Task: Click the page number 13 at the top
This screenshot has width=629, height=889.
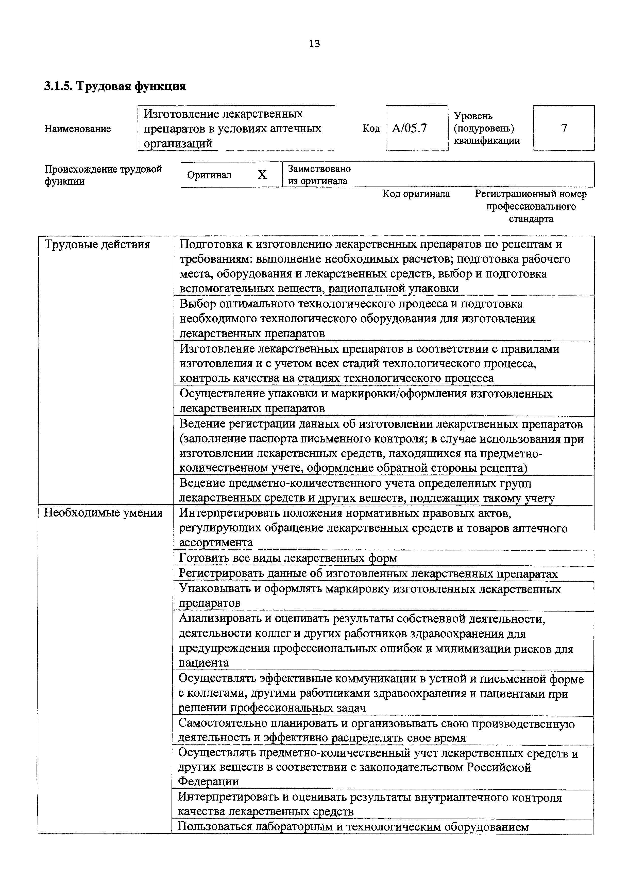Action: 315,44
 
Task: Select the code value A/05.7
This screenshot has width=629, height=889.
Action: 409,128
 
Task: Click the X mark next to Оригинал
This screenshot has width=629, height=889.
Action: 262,175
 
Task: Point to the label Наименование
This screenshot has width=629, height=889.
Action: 77,128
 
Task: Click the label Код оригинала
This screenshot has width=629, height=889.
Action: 416,194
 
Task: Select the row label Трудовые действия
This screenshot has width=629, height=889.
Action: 97,245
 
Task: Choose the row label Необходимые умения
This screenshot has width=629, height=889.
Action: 103,513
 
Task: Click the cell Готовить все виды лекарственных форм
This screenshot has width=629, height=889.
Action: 288,558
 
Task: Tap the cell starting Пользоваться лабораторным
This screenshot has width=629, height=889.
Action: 353,827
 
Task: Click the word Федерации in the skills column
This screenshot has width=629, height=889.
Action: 209,781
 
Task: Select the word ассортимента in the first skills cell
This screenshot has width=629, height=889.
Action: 216,543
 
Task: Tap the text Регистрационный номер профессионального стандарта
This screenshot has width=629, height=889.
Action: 531,206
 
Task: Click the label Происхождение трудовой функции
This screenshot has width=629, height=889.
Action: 103,175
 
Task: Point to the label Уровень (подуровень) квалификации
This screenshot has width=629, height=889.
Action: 486,128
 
